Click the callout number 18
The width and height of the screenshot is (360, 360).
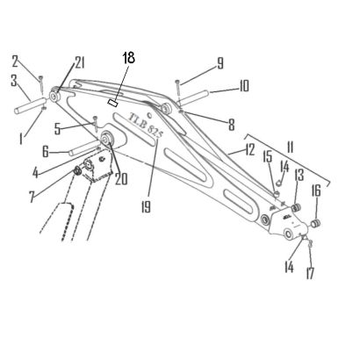coord(128,58)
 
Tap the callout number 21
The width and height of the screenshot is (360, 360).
coord(79,63)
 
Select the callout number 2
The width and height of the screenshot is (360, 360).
coord(18,61)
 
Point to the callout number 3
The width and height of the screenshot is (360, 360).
coord(14,81)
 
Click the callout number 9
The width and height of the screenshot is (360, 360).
coord(220,63)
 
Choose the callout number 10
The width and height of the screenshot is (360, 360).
coord(243,86)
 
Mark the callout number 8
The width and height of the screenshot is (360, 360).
coord(232,125)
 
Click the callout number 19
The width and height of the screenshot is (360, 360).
coord(146,207)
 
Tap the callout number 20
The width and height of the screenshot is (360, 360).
coord(121,179)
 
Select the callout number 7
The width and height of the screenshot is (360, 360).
coord(32,197)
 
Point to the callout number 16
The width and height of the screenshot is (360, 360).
coord(316,191)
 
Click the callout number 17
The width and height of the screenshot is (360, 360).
coord(310,273)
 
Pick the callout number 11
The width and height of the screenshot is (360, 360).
coord(290,148)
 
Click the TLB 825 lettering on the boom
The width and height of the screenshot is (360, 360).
coord(146,125)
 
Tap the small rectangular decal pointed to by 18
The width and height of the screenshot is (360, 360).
coord(113,103)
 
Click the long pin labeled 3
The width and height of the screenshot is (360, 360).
coord(30,106)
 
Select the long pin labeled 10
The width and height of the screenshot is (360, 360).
coord(194,98)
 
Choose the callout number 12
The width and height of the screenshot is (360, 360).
coord(250,149)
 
